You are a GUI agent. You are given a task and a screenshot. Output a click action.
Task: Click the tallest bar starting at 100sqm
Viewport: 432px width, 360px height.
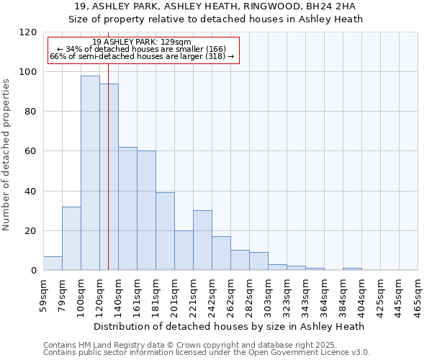point(90,173)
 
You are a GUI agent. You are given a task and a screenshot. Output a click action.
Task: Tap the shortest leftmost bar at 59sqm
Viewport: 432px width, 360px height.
point(53,264)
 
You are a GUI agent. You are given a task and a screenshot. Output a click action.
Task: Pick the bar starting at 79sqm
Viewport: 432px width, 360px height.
point(71,238)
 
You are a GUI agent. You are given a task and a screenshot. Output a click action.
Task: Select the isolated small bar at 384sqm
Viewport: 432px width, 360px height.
point(352,269)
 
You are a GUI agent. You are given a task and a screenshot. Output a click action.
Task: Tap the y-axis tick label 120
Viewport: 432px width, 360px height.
point(27,32)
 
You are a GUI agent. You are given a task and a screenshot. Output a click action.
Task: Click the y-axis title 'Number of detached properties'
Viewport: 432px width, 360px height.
point(6,155)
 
